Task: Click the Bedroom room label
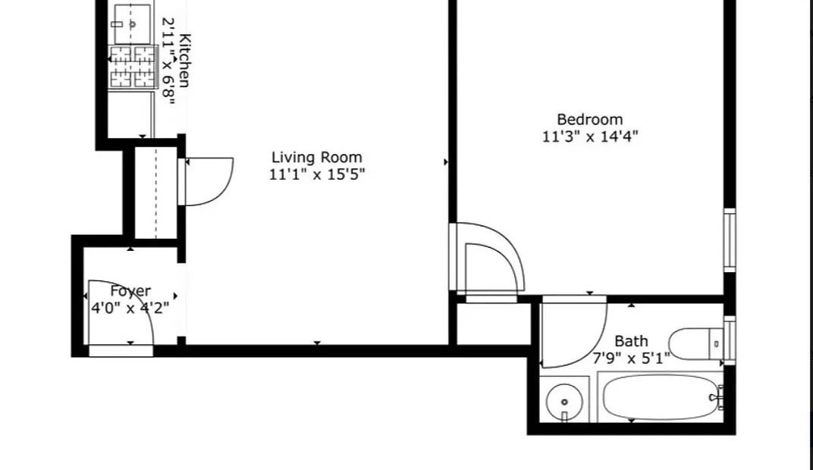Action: pos(589,120)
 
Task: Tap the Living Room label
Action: pos(317,158)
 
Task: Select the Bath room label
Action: pos(631,341)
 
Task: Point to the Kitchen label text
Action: pos(184,60)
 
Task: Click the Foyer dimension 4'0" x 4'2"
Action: pos(130,309)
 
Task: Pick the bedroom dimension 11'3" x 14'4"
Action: pos(590,136)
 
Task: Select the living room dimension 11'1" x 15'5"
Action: pos(317,174)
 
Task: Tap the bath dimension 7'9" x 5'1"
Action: pos(631,358)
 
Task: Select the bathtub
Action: pos(660,397)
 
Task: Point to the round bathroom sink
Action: pos(564,402)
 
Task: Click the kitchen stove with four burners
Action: pos(133,67)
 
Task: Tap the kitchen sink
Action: pos(132,23)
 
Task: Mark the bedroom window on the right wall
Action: pos(730,240)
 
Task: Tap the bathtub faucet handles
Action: pos(717,397)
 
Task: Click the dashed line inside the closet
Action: pos(156,193)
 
